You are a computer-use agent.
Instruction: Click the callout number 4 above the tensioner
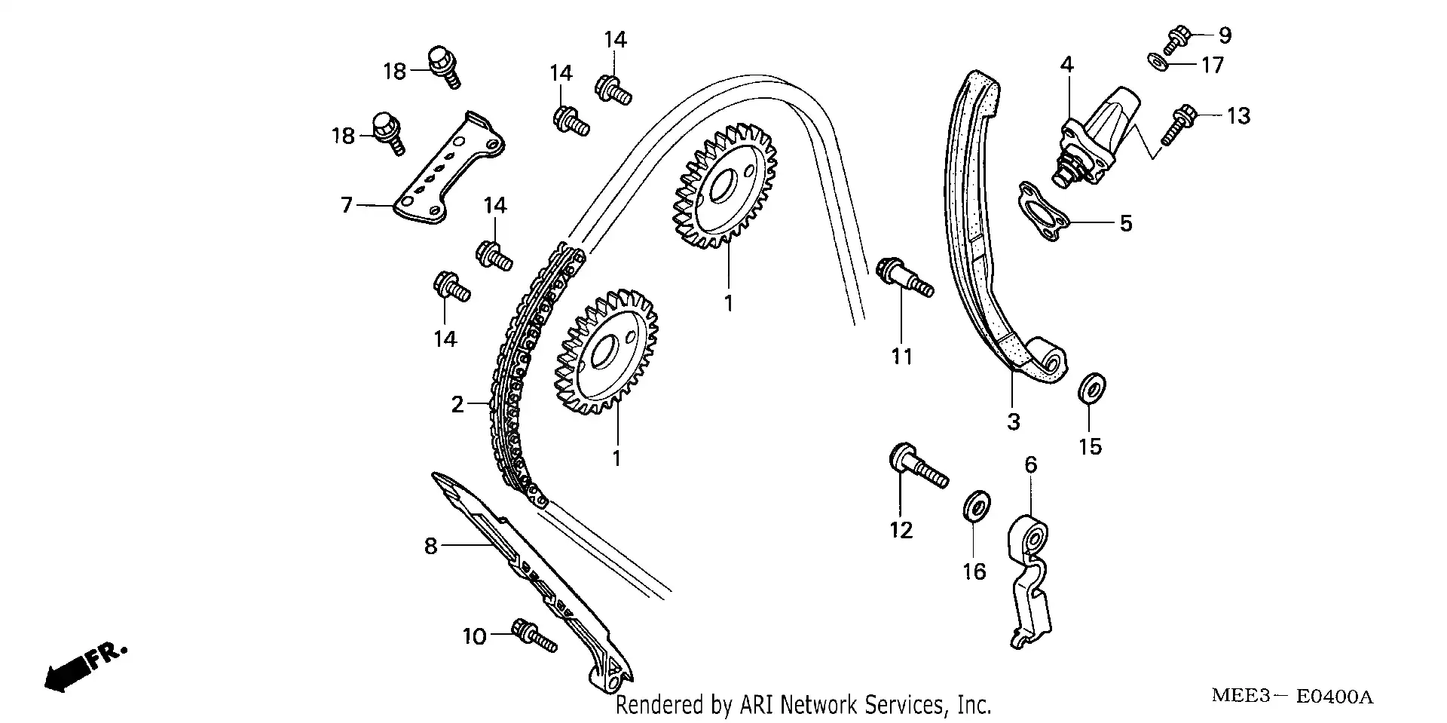1066,65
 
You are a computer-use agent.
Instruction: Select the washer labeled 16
977,505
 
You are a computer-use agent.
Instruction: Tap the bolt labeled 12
917,466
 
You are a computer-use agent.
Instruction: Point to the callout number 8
430,546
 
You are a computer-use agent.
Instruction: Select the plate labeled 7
450,172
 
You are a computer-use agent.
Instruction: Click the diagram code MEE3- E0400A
1292,696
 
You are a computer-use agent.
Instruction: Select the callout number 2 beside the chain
457,405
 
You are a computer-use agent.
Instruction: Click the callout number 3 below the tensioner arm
1013,421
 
